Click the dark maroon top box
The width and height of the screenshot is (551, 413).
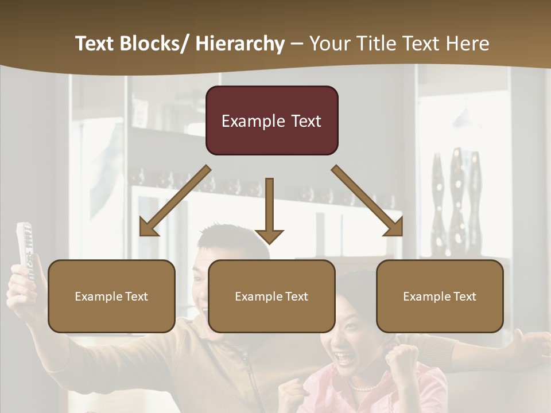point(271,120)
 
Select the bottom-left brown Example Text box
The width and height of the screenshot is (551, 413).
point(111,296)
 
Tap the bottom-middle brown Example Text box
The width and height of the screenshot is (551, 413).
point(271,296)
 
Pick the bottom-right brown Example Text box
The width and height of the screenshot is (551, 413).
point(440,296)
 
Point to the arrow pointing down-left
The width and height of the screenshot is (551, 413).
point(175,201)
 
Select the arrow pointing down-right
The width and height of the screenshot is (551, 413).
point(367,201)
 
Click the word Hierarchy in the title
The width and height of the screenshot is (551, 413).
point(239,44)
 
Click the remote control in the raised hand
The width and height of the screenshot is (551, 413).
point(24,247)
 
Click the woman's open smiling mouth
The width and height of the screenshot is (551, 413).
point(345,359)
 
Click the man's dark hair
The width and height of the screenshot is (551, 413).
point(230,238)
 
